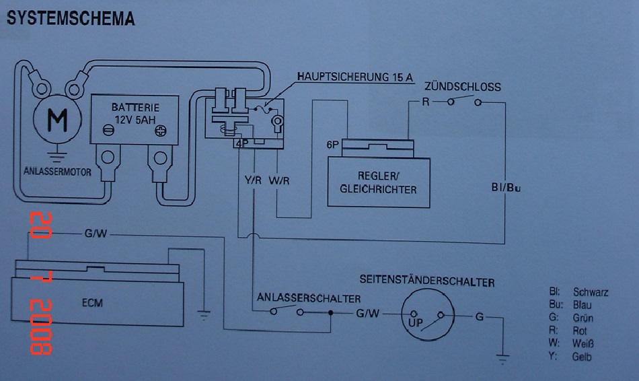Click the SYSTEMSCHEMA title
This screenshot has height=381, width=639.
pyautogui.click(x=71, y=18)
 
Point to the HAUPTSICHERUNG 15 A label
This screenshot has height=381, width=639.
pyautogui.click(x=354, y=77)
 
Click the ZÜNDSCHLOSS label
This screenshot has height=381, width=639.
pyautogui.click(x=462, y=88)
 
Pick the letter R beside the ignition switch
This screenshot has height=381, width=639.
pyautogui.click(x=425, y=102)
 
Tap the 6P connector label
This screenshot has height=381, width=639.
pyautogui.click(x=332, y=145)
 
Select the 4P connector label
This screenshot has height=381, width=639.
pyautogui.click(x=241, y=143)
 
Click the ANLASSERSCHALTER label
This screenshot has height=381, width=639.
pyautogui.click(x=309, y=298)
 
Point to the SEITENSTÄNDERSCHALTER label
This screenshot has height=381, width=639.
pyautogui.click(x=427, y=282)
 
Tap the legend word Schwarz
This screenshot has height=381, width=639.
pyautogui.click(x=591, y=292)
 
